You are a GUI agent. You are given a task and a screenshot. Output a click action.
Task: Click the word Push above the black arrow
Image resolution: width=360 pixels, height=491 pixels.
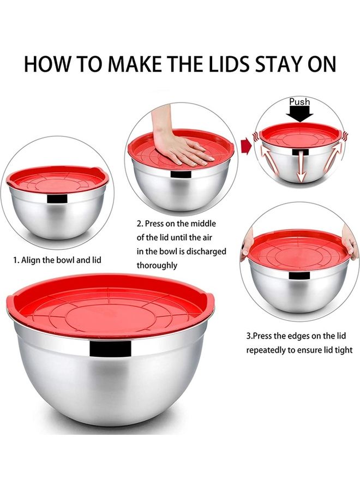point(299,102)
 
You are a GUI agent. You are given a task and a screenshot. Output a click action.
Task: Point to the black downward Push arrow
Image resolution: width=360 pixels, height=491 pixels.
point(300,114)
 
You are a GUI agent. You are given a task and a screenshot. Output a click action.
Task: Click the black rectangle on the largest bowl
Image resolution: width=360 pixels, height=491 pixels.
point(110,349)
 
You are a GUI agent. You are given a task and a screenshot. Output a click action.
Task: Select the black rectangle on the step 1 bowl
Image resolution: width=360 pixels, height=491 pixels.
point(57,199)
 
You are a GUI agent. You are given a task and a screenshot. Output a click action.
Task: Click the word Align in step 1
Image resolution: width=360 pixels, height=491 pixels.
point(30,260)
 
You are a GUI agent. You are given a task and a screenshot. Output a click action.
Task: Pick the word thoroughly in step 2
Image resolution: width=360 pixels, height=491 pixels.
point(157,265)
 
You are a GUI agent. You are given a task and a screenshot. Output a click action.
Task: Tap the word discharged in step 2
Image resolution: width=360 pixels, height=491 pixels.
point(207,251)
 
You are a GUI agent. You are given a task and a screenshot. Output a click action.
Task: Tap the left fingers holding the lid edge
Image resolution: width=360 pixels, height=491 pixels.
point(246,247)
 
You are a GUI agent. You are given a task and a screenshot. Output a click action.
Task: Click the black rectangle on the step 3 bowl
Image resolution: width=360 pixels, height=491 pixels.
point(299,276)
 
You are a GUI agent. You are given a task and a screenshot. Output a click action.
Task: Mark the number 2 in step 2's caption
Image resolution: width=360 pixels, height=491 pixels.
point(139,224)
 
